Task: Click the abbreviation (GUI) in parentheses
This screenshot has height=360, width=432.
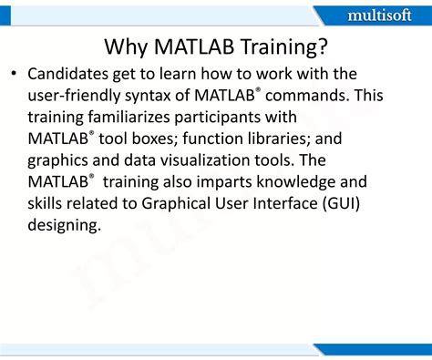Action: pos(340,203)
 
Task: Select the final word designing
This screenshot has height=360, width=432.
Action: pos(65,225)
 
